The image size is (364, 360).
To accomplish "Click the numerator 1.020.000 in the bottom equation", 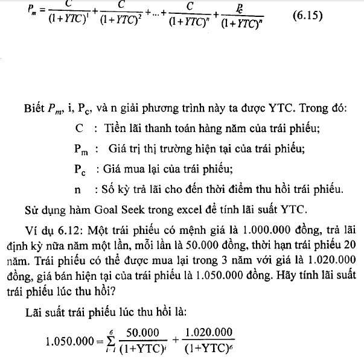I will pos(207,332).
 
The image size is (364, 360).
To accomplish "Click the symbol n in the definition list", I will pos(78,191).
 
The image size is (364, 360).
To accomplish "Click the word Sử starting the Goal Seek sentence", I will pos(32,209).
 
